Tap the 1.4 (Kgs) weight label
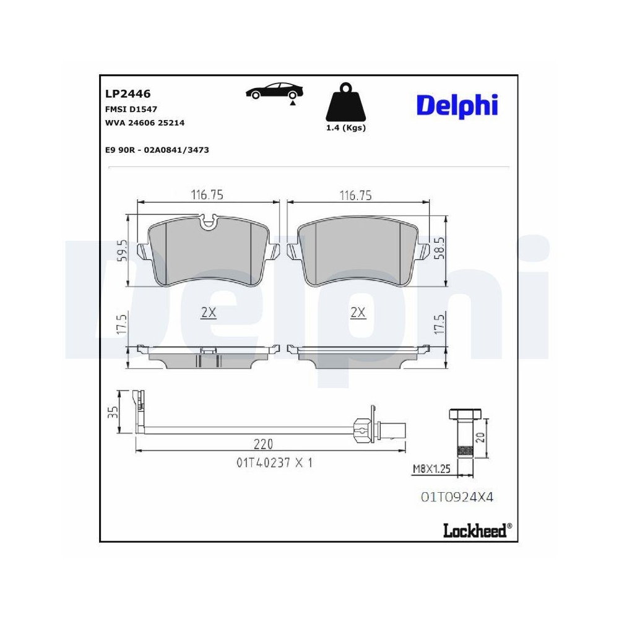[346, 128]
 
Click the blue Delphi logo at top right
[457, 105]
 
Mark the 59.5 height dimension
[122, 251]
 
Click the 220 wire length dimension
[262, 444]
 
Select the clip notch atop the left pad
[209, 220]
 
